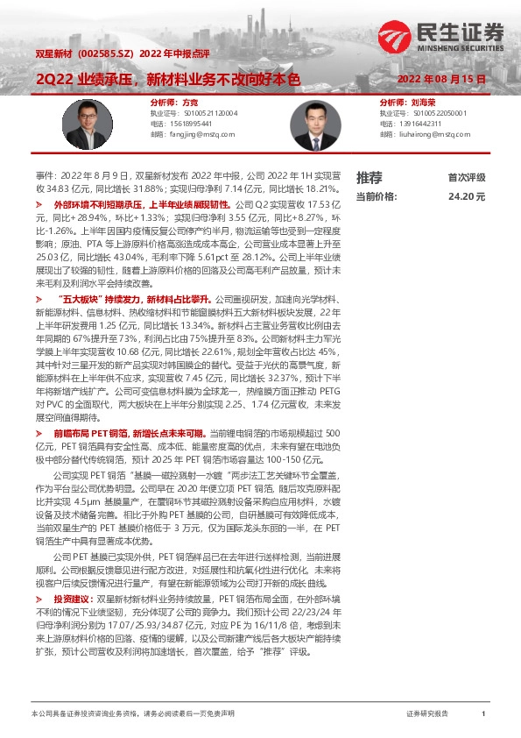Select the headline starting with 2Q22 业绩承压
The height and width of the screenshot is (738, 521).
pyautogui.click(x=167, y=79)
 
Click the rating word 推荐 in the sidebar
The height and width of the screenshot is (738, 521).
pyautogui.click(x=370, y=177)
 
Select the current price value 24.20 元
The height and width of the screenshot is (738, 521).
pyautogui.click(x=466, y=197)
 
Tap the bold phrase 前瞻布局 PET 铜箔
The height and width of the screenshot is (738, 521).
pyautogui.click(x=91, y=433)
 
